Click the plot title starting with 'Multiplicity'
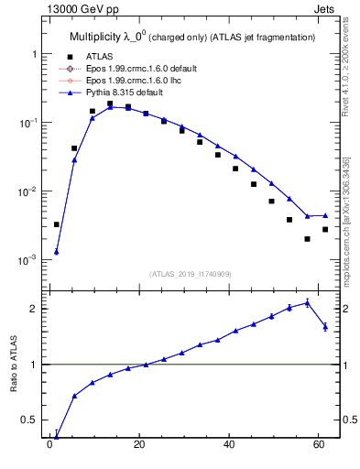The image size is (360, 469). (x=192, y=37)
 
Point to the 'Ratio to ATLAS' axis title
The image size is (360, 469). (x=15, y=365)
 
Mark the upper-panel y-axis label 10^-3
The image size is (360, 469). (x=27, y=260)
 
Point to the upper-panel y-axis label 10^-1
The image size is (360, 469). (x=27, y=123)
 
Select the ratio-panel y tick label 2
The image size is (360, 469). (x=33, y=309)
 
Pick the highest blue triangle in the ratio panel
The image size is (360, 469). (x=307, y=302)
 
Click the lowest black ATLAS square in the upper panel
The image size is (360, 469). (x=307, y=239)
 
